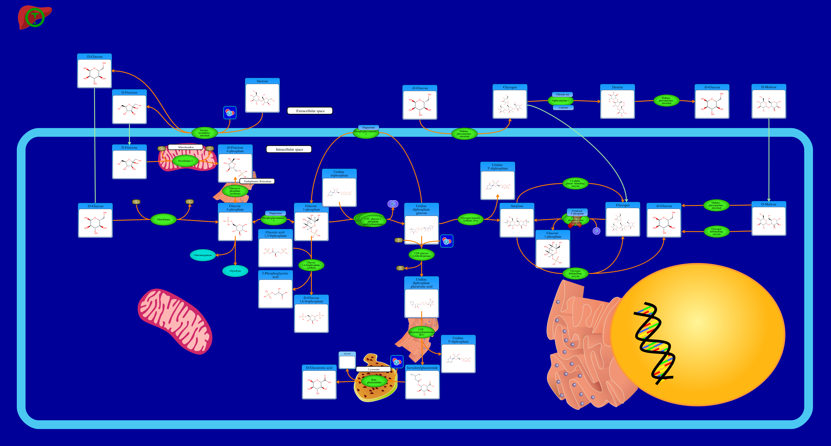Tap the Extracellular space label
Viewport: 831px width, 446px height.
(x=310, y=111)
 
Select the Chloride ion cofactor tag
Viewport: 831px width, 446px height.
(x=562, y=94)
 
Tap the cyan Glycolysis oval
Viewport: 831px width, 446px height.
(x=235, y=271)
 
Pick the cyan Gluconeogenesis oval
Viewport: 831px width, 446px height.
(x=203, y=255)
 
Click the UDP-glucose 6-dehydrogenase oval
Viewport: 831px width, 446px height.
(x=421, y=255)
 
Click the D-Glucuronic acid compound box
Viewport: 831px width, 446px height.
(x=319, y=382)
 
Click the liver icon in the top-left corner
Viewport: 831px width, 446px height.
(x=35, y=17)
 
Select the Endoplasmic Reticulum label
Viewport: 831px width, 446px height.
(x=257, y=181)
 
